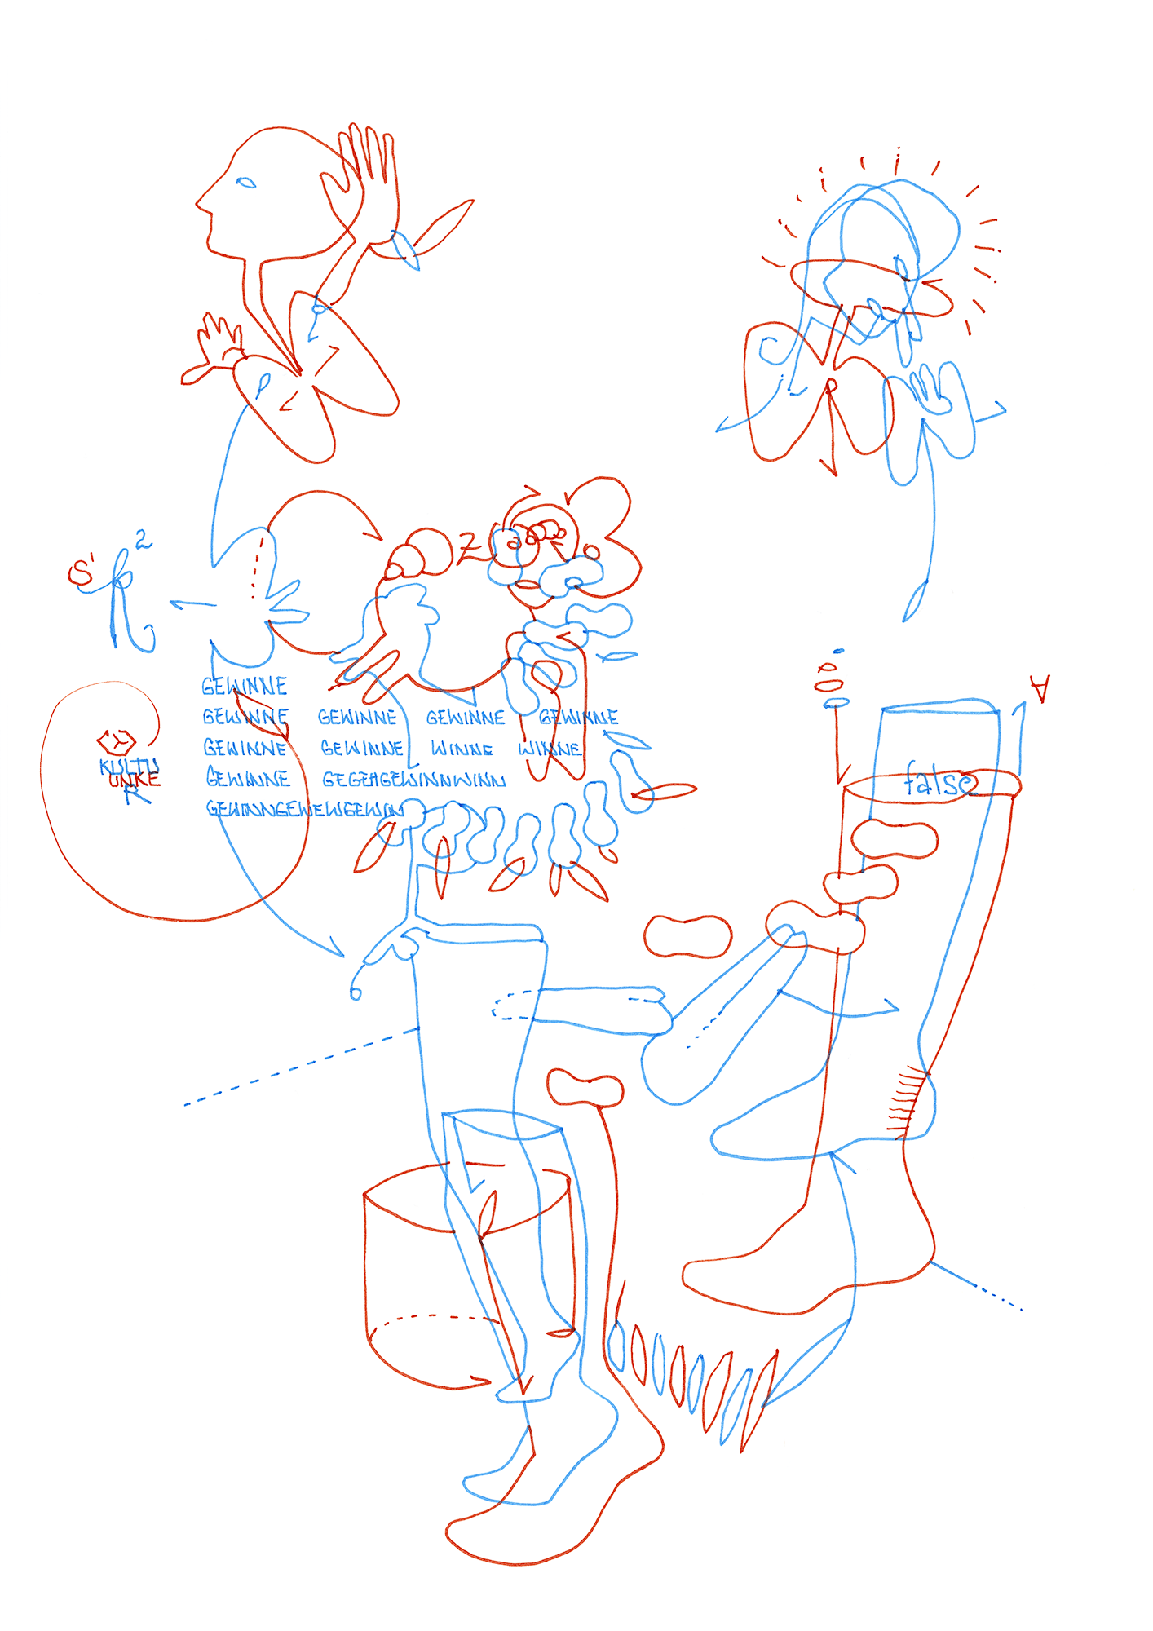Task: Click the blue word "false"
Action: tap(939, 782)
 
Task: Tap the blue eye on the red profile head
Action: tap(245, 183)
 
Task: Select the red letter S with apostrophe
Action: tap(82, 572)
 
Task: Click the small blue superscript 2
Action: tap(143, 539)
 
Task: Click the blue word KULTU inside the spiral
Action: tap(129, 767)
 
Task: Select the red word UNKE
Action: tap(135, 780)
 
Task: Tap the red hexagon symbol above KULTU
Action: tap(117, 741)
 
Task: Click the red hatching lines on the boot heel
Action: tap(908, 1102)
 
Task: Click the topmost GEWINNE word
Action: tap(245, 686)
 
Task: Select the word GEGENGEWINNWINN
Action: tap(413, 780)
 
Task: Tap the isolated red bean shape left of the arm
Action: tap(687, 935)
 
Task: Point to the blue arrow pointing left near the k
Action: tap(192, 604)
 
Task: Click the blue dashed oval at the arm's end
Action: tap(512, 1005)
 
